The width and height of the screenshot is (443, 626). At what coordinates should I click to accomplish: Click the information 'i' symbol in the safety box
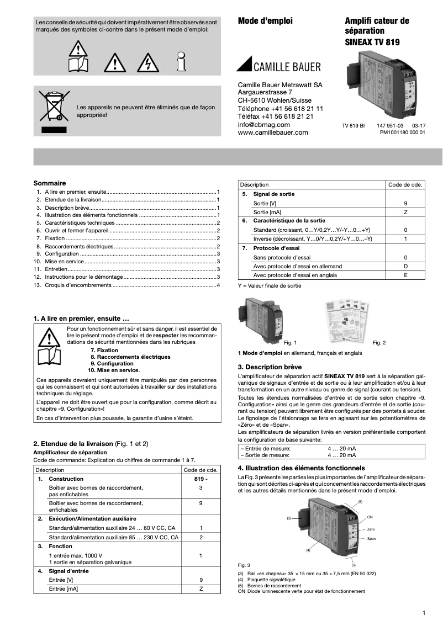(181, 62)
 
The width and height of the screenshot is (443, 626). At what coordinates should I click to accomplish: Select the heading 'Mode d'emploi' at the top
(265, 21)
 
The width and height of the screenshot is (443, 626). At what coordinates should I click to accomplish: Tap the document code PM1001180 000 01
(403, 132)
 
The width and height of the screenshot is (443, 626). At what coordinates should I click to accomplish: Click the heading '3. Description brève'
(270, 367)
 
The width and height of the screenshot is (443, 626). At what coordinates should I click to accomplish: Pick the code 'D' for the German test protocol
(405, 266)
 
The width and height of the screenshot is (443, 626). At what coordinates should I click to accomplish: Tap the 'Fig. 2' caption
(379, 343)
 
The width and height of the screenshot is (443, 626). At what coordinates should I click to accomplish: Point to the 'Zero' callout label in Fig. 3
(371, 529)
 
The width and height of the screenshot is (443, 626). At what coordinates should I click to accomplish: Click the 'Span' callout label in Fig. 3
(371, 538)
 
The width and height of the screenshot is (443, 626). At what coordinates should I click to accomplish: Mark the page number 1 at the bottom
(423, 613)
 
